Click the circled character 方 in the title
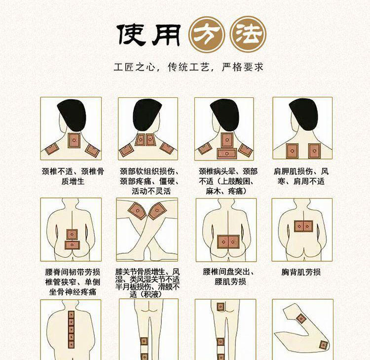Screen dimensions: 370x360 click(207, 35)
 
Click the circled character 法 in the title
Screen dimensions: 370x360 click(248, 35)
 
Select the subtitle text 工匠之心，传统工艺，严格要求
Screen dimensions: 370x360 click(188, 67)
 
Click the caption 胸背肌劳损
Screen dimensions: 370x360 click(301, 272)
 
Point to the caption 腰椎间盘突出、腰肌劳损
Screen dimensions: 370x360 click(229, 277)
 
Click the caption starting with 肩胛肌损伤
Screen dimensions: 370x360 click(301, 176)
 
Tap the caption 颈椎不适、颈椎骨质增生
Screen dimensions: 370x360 click(73, 176)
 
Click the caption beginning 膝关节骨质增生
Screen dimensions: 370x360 click(148, 283)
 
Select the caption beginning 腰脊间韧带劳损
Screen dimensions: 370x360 click(73, 282)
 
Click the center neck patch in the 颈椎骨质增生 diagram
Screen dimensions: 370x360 click(74, 140)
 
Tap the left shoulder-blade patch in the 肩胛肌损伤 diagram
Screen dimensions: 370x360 click(292, 151)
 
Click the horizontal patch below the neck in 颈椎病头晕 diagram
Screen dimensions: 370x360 click(227, 154)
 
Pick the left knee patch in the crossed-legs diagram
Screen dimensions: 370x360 click(137, 211)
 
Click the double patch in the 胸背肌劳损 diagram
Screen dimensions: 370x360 click(303, 226)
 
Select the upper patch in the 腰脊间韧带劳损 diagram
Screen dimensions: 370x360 click(72, 235)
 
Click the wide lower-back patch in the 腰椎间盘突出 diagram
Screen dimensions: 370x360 click(228, 242)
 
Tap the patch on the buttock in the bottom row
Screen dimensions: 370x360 click(221, 307)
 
